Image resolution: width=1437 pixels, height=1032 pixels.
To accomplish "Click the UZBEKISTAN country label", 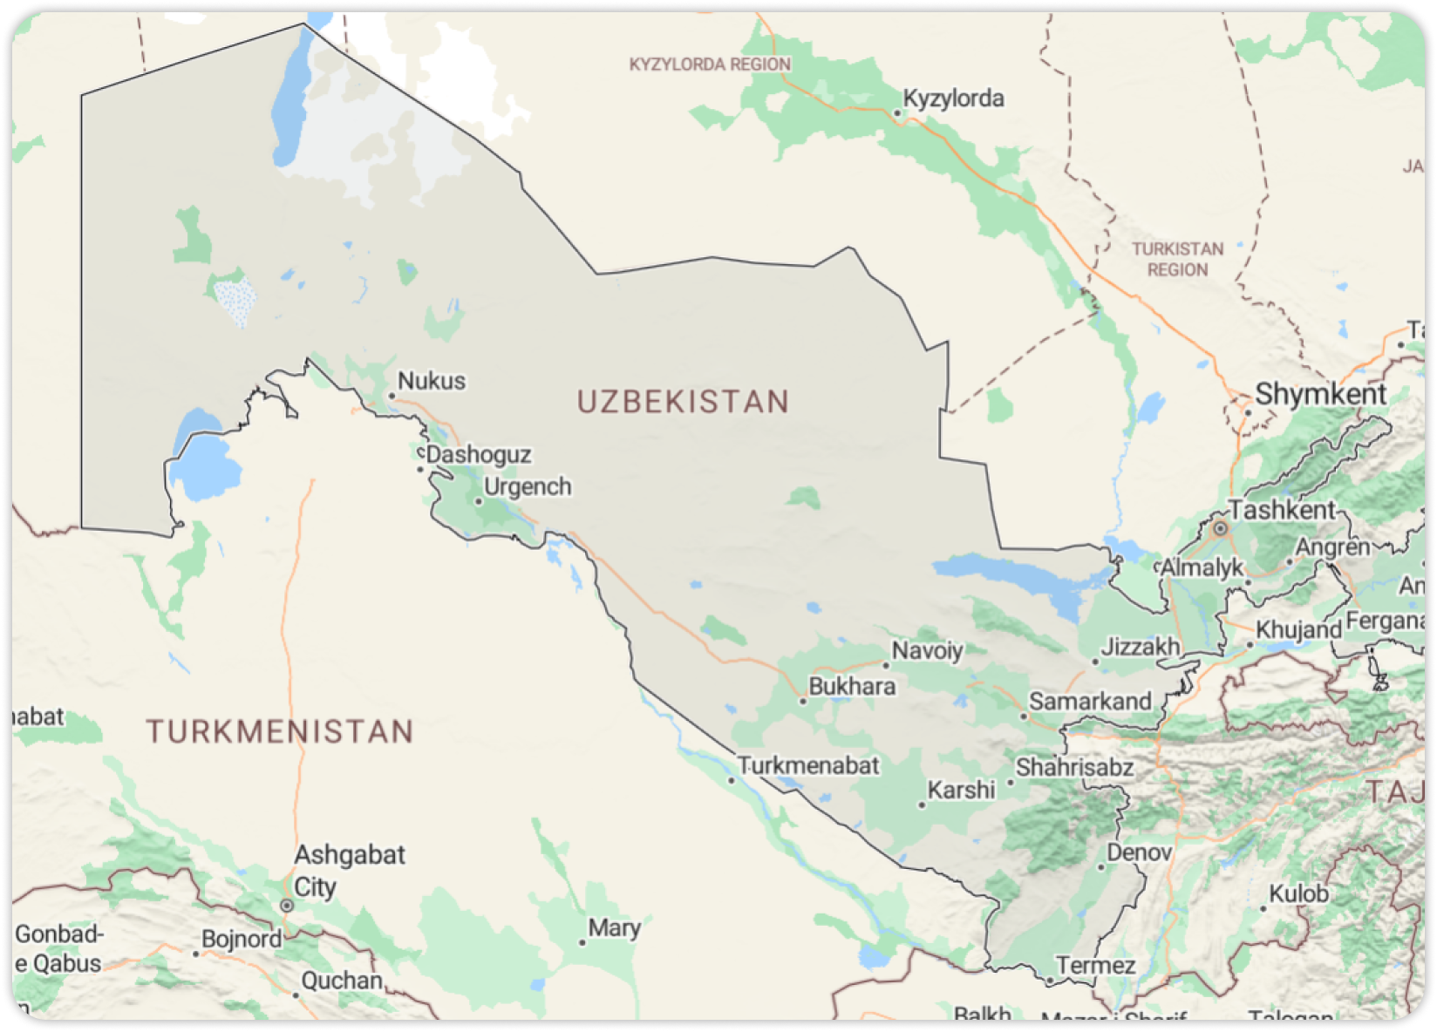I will point(683,402).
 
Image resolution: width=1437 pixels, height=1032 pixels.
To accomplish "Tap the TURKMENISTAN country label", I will point(279,731).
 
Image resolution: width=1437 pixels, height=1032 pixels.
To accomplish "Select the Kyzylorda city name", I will point(953,98).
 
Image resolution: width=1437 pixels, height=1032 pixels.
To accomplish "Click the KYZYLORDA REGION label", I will point(710,64).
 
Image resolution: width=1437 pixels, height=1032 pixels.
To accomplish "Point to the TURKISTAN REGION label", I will point(1177,260).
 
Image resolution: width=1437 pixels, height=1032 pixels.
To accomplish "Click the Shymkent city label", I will point(1320,394).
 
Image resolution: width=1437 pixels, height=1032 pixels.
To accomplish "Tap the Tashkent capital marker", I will point(1221,528).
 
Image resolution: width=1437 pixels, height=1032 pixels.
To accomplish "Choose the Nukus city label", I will point(432,381).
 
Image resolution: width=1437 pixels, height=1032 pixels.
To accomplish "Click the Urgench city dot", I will point(478,502).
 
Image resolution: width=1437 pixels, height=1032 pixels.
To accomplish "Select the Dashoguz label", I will point(479,455).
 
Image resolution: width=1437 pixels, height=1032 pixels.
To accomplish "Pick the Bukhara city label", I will point(852,687).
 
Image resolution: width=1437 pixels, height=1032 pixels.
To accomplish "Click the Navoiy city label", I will point(927,650).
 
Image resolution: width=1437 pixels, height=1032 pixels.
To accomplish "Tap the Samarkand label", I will point(1090,702).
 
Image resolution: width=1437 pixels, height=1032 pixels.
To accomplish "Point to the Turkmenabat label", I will point(809,766).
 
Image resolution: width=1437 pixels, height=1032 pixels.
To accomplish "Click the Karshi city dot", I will point(922,805).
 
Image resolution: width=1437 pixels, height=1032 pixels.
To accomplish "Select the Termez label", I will point(1096,966).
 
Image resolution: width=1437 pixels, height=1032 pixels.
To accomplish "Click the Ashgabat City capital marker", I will point(287,906).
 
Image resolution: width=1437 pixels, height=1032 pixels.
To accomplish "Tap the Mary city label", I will point(615,928).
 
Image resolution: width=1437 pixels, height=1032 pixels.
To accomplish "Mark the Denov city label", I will point(1140,852).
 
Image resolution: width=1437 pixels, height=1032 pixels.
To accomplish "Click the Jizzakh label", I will point(1140,647).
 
